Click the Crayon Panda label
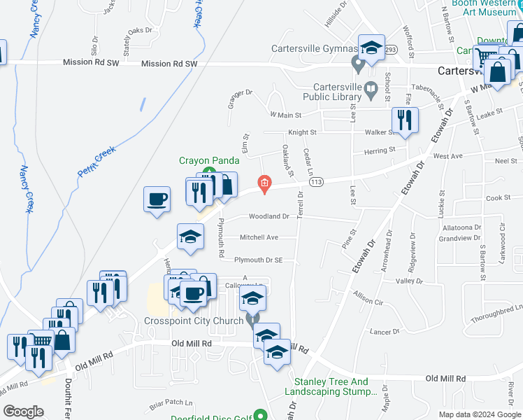(x=204, y=160)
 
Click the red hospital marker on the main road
(x=264, y=184)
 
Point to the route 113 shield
(x=317, y=182)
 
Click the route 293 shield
(x=390, y=50)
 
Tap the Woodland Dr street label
(x=268, y=217)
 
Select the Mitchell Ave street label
(x=259, y=238)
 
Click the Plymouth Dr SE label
(x=258, y=260)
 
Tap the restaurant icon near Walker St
(x=405, y=120)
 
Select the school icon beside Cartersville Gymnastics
(x=371, y=48)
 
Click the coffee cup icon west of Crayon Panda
(x=157, y=198)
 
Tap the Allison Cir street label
(x=368, y=297)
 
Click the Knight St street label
(x=302, y=132)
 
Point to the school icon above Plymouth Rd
(x=189, y=237)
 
